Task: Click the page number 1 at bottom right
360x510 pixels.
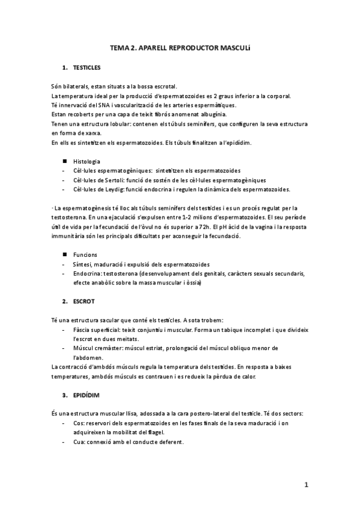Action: (x=306, y=484)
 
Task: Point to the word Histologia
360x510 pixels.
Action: (x=87, y=162)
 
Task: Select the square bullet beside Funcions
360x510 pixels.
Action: (x=64, y=255)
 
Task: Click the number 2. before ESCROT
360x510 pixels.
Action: (x=65, y=300)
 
